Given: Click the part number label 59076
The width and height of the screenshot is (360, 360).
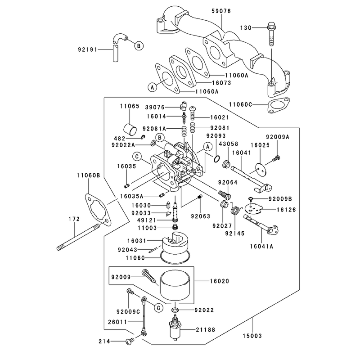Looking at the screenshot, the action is [221, 11].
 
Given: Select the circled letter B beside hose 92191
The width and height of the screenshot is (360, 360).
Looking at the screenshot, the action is [139, 46].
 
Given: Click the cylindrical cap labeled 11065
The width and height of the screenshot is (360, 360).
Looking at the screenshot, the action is [130, 129].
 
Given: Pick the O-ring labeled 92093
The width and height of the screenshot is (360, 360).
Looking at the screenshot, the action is [217, 159].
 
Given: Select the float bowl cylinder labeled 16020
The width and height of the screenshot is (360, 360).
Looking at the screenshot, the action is [175, 286].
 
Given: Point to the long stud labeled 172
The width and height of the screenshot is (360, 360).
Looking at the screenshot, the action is [78, 237].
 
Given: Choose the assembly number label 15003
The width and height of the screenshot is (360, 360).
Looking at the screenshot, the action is [252, 336].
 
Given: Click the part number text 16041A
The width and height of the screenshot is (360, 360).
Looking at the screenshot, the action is [261, 246].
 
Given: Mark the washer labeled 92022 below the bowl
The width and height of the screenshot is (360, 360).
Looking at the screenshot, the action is [175, 310].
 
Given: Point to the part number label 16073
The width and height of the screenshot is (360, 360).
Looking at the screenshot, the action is [221, 83].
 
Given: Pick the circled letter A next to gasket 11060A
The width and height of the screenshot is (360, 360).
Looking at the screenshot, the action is [153, 87].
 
